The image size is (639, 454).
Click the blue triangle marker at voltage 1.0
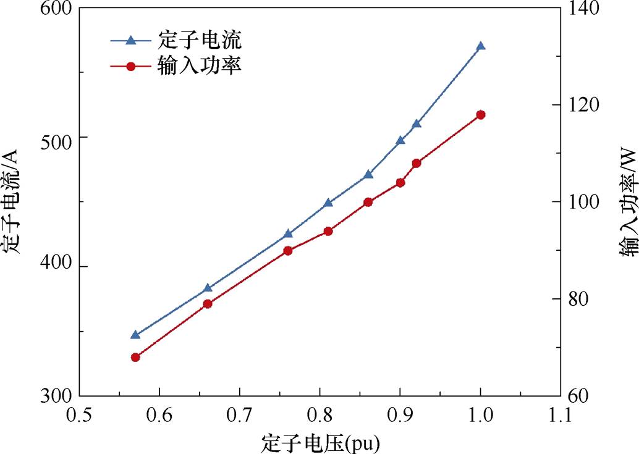(x=481, y=46)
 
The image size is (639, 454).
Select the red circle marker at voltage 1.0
(x=481, y=115)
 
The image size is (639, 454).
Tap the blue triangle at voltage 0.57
(x=135, y=335)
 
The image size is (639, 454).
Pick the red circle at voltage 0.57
(x=135, y=357)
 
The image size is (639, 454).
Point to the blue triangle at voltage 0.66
(x=208, y=288)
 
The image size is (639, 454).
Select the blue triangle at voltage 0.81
(x=328, y=203)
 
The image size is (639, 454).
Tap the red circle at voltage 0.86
(x=368, y=202)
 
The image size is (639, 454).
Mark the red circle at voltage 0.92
(x=417, y=163)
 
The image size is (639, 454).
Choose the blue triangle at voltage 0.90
(x=400, y=140)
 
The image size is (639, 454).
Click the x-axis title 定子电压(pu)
(x=320, y=442)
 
